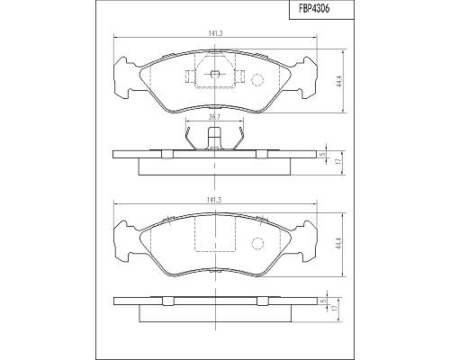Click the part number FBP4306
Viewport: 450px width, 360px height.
314,9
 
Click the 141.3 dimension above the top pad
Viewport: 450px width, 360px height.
215,34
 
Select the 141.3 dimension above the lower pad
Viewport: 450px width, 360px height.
215,201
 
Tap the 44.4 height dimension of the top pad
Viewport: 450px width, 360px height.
339,81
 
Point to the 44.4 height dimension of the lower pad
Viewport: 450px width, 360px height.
339,245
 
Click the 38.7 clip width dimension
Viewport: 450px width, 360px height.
214,117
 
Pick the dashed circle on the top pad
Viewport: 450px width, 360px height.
256,80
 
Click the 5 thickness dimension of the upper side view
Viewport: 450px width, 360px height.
323,154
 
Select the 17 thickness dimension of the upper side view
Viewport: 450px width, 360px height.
337,162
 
